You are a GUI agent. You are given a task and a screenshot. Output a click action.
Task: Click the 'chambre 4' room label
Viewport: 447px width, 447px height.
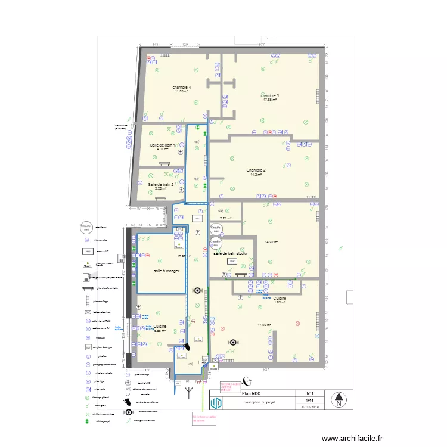182,88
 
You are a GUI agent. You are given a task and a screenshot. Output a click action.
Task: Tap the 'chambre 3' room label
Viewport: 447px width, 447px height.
270,95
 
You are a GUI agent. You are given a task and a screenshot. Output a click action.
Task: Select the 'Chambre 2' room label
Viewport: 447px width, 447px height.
256,170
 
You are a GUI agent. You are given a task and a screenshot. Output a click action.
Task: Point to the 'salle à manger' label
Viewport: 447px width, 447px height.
166,271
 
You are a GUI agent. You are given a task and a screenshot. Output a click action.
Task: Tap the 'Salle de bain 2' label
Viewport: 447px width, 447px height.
161,184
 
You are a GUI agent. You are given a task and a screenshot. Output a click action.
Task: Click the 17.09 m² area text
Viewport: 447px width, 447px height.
264,325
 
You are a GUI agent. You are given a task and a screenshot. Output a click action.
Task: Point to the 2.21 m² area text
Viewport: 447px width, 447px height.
224,218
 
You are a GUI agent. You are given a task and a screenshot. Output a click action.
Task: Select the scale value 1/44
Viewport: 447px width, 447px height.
310,401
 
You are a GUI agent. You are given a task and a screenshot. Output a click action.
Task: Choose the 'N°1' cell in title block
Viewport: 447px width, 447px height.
310,393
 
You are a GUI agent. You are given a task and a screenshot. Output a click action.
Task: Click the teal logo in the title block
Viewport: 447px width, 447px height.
218,403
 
